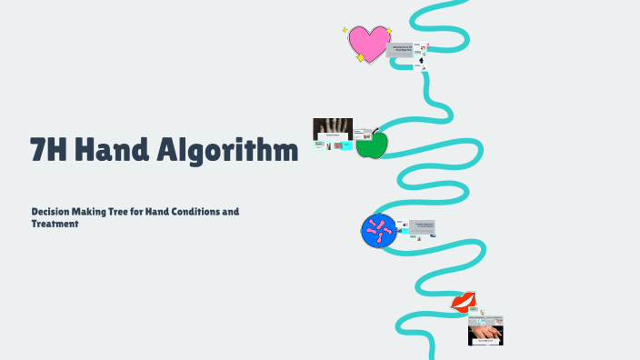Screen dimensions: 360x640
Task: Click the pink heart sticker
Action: (369, 42)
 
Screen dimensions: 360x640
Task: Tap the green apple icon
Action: (371, 144)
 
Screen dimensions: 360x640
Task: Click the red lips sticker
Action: (465, 302)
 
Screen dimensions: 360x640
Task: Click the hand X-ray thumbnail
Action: (332, 128)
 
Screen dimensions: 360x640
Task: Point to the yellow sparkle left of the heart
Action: (345, 30)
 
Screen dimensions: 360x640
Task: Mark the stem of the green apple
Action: (375, 131)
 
